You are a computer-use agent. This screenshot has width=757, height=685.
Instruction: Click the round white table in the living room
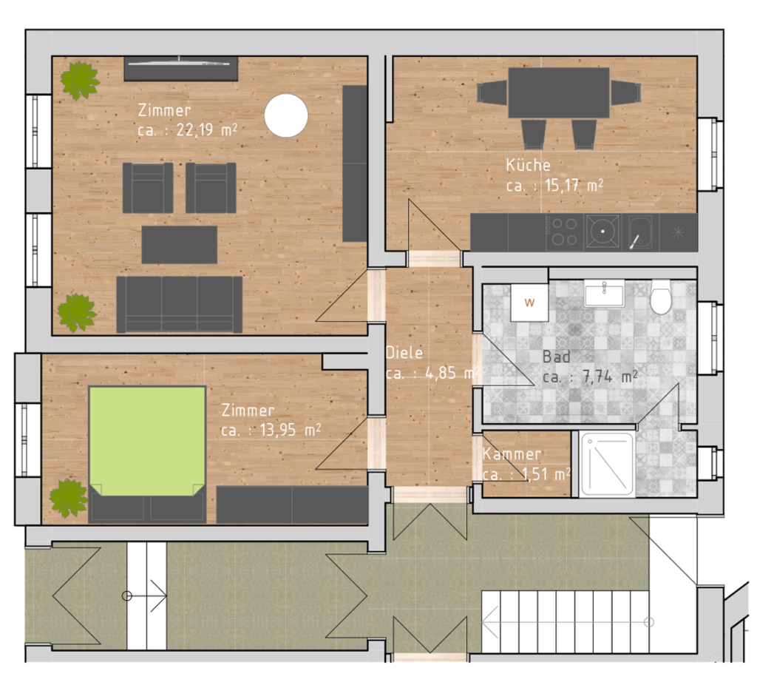[286, 115]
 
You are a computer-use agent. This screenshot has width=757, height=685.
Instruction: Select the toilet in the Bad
[660, 297]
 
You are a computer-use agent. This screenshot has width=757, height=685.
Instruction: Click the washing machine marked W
[529, 303]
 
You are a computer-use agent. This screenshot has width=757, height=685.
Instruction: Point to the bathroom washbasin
[604, 293]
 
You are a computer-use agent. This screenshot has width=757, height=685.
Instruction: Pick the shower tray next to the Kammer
[607, 465]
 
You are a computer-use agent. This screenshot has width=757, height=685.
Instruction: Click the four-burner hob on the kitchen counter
[564, 232]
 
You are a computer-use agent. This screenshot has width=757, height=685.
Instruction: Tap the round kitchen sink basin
[602, 232]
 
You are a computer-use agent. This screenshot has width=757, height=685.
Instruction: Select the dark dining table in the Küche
[559, 92]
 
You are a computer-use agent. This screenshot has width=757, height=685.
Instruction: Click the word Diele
[404, 353]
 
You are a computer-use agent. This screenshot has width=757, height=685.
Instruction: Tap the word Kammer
[512, 454]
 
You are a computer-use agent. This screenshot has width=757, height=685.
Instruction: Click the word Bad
[556, 357]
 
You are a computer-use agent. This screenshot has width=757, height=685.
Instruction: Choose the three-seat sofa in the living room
[179, 304]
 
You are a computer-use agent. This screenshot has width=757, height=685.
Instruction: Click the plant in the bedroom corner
[69, 499]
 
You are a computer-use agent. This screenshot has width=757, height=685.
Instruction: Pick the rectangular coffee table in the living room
[179, 244]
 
